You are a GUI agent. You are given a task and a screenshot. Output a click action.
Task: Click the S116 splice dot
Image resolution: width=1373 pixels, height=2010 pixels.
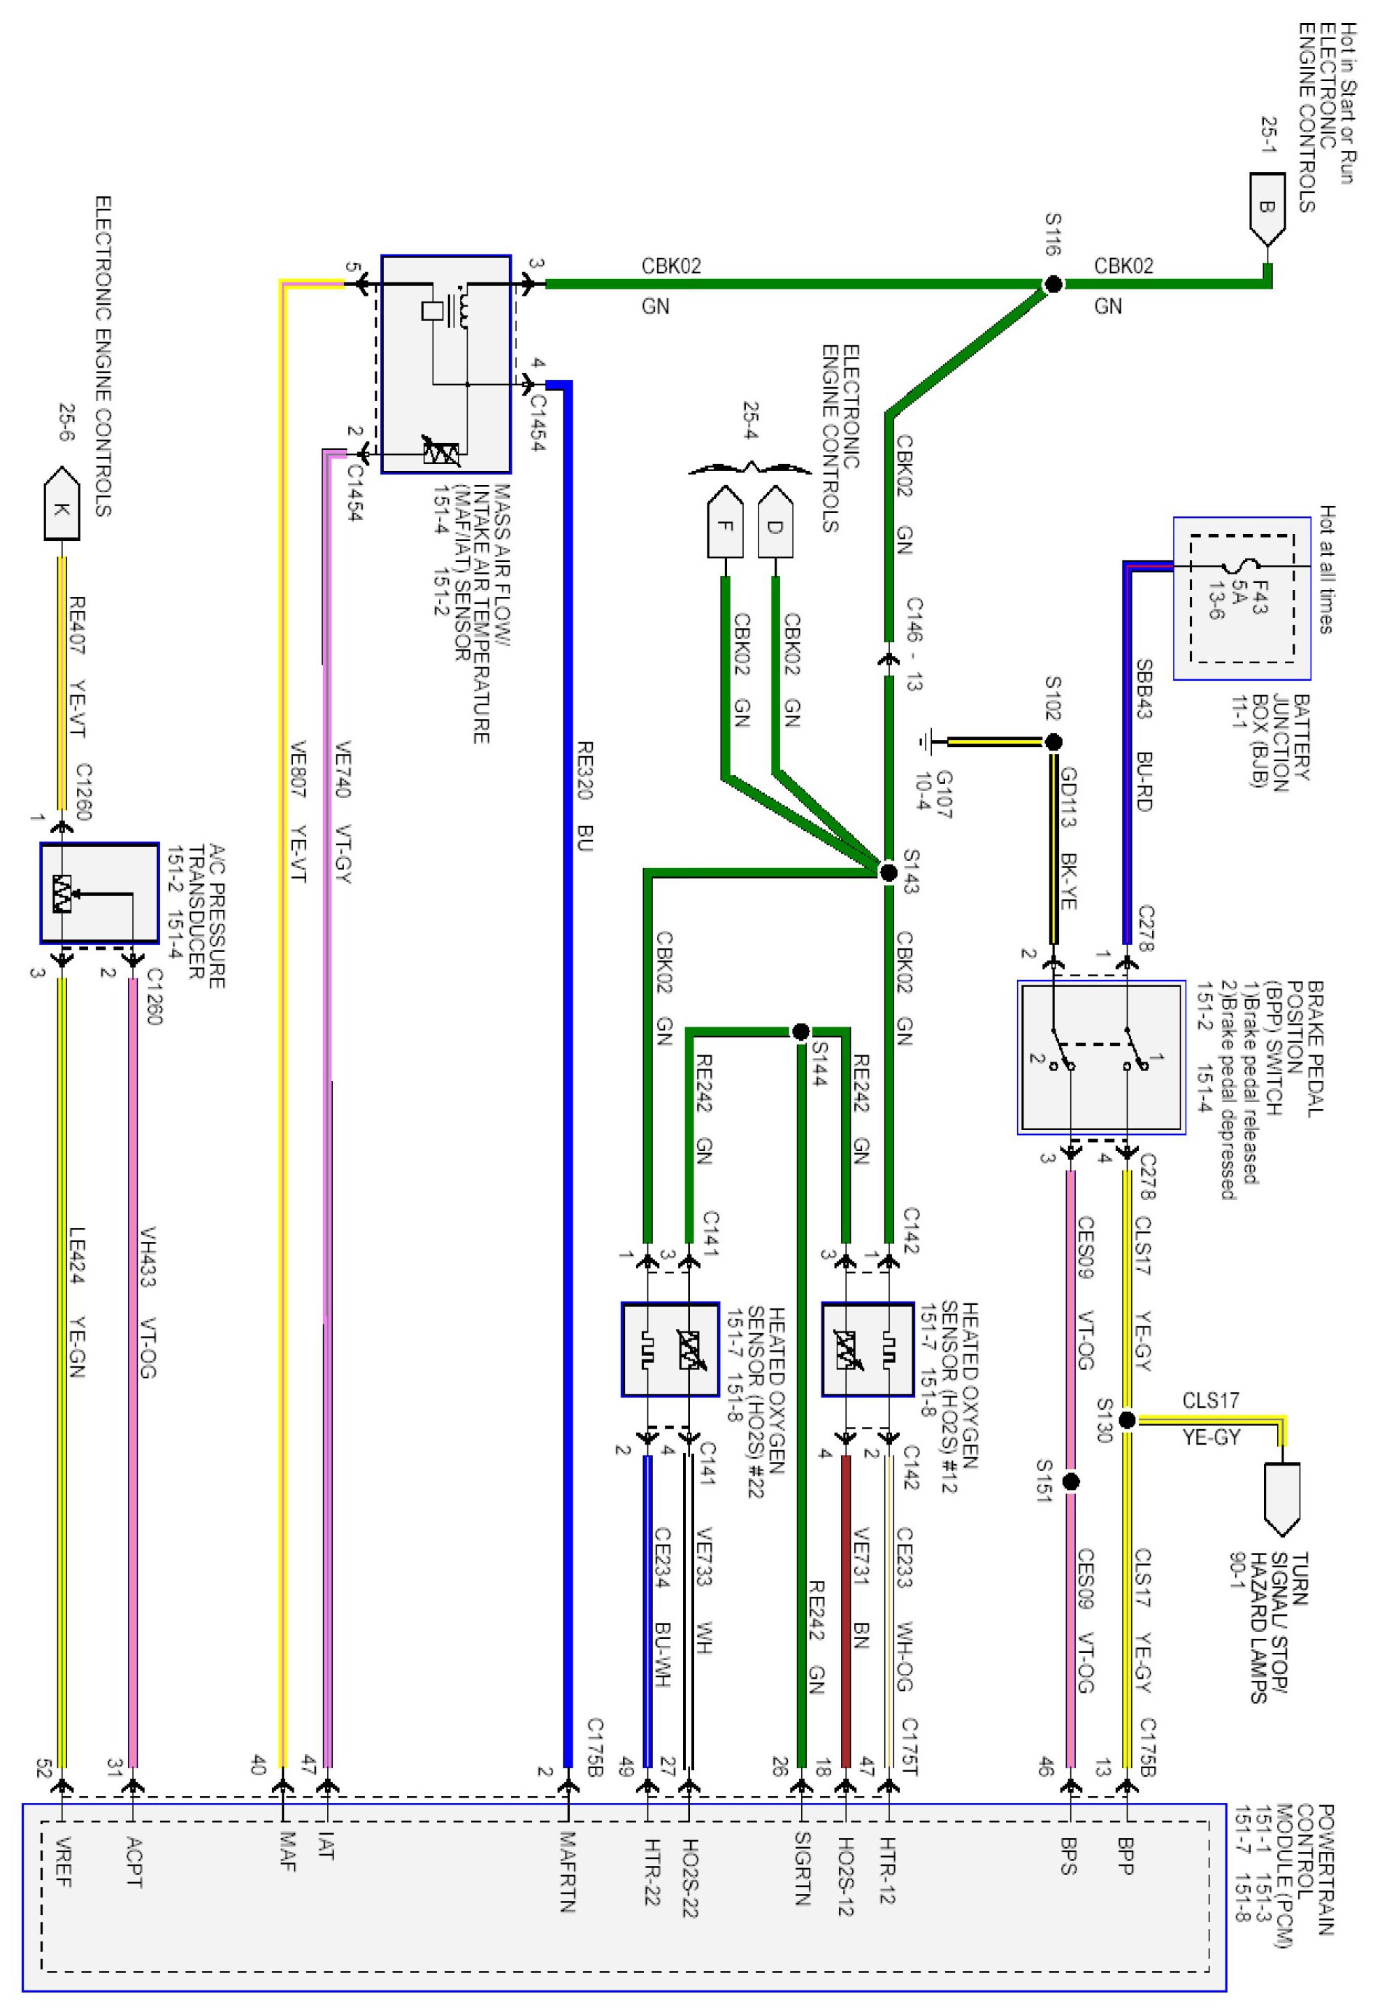point(1053,284)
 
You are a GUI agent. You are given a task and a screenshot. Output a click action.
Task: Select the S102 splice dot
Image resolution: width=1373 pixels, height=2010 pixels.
point(1053,742)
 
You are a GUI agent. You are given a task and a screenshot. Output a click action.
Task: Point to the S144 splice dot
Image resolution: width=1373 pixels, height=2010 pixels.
point(800,1032)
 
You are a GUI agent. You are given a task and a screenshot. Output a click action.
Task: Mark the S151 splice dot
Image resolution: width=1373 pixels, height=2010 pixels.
point(1071,1482)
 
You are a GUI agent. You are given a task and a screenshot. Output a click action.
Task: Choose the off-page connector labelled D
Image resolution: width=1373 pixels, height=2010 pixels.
point(775,524)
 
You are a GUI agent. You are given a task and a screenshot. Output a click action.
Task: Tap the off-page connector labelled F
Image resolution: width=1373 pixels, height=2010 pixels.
point(725,524)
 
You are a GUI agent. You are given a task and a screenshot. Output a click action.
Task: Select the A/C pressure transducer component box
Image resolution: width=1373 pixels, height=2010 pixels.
point(99,892)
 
